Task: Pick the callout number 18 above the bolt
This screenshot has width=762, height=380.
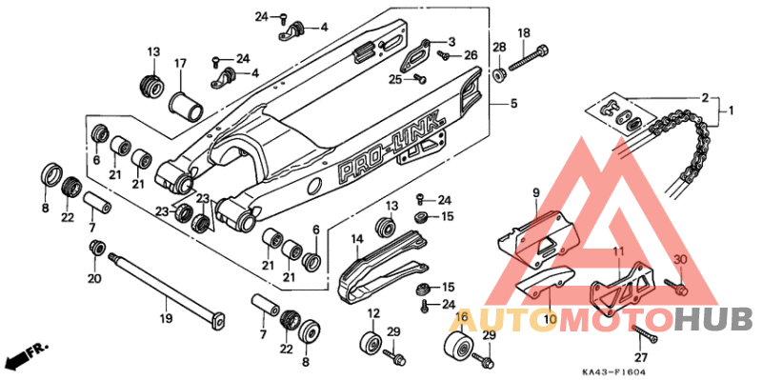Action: pos(523,33)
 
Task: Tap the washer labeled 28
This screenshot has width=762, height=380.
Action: pos(498,73)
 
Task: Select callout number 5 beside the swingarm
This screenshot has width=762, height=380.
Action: pos(512,103)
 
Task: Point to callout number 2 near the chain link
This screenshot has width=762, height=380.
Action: pos(705,97)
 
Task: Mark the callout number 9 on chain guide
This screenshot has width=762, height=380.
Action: pos(535,192)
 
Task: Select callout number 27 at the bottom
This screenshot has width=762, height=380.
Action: pos(641,357)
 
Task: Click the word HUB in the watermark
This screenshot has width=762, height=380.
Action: pos(713,316)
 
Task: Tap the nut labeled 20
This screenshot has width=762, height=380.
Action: pos(96,249)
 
